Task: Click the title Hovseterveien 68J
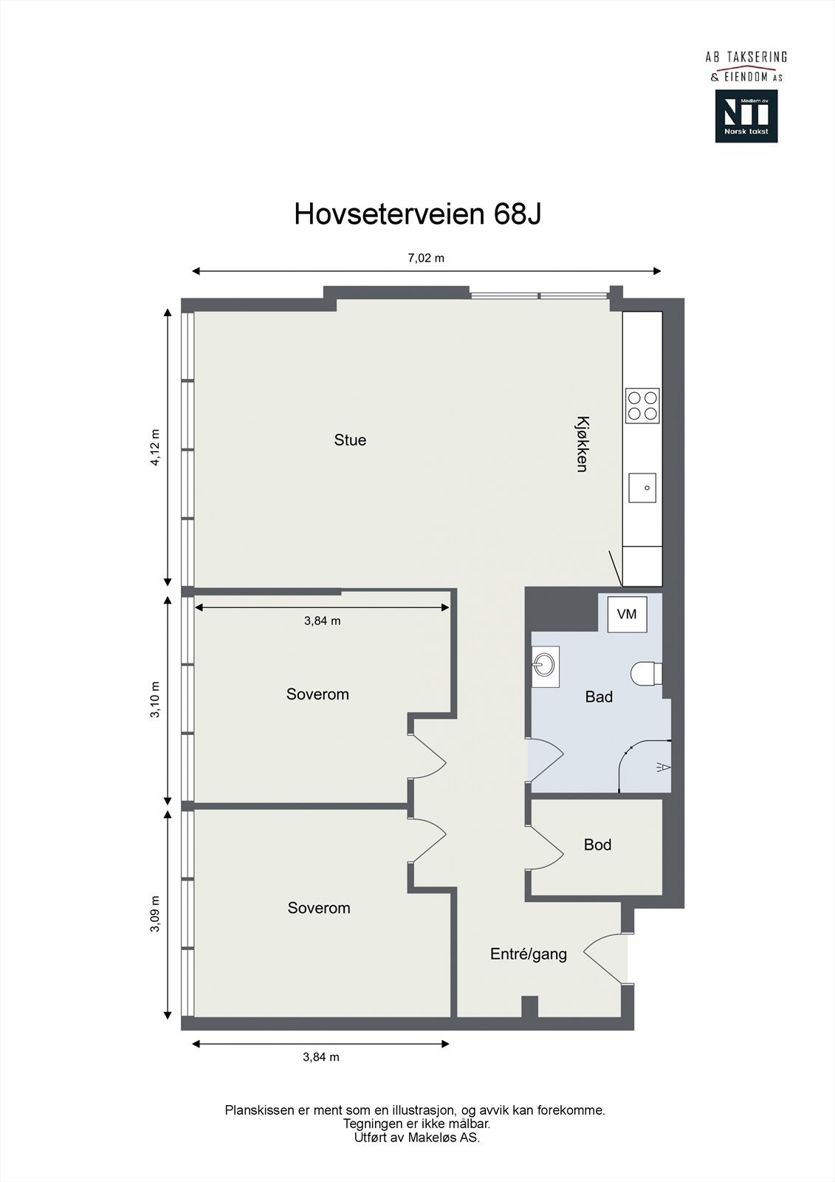[x=418, y=214]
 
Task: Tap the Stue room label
[x=350, y=440]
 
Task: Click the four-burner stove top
[x=642, y=406]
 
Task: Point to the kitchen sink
[x=642, y=488]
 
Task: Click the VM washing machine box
[x=627, y=614]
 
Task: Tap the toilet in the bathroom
[x=647, y=672]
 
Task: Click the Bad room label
[x=599, y=697]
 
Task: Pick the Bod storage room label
[x=597, y=844]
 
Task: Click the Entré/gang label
[x=529, y=954]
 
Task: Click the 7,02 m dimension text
[x=427, y=258]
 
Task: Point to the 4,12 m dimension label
[x=155, y=448]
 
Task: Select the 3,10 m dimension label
[x=155, y=701]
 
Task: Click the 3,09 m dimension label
[x=155, y=915]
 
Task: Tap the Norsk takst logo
[x=746, y=116]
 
